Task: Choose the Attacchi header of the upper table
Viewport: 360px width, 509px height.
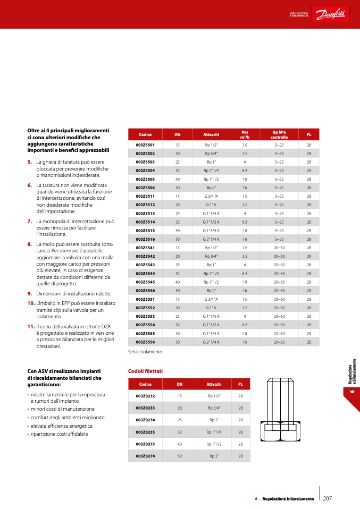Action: [211, 134]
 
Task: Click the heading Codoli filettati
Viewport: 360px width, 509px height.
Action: [146, 370]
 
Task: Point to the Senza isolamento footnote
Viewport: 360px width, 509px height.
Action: [145, 351]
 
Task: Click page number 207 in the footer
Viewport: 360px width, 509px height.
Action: [328, 498]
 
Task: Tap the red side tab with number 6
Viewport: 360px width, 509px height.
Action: [351, 392]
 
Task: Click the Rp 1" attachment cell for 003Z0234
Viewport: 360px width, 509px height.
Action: [215, 420]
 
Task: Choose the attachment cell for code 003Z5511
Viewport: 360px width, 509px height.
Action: [211, 196]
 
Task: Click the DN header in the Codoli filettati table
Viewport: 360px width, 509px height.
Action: [180, 384]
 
